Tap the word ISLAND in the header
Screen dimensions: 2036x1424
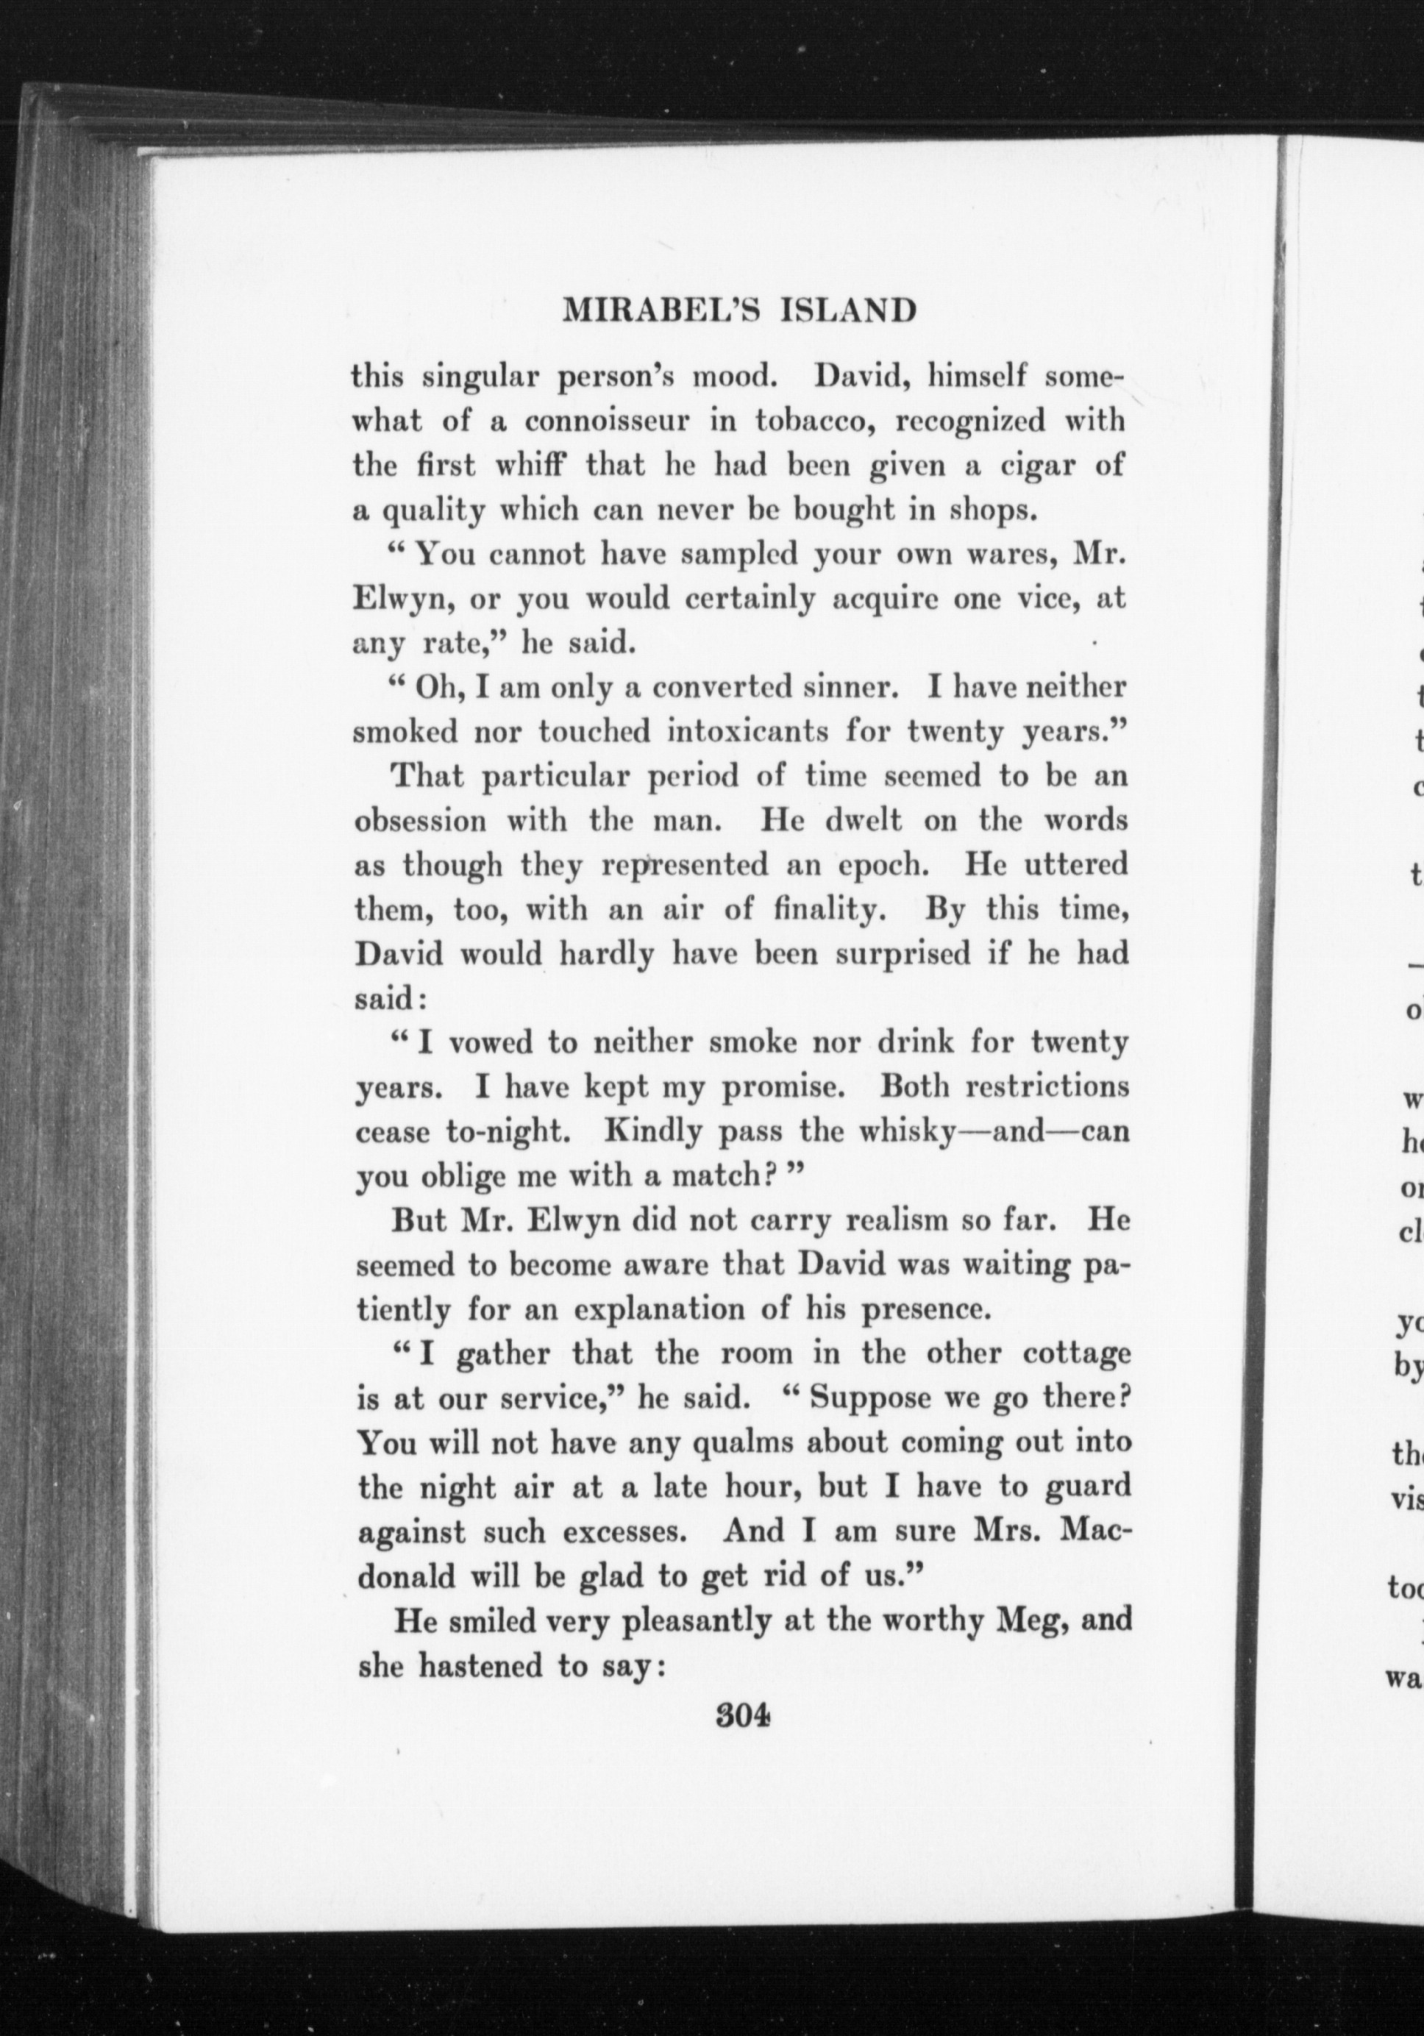[x=850, y=310]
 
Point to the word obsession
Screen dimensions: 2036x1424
[x=420, y=820]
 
